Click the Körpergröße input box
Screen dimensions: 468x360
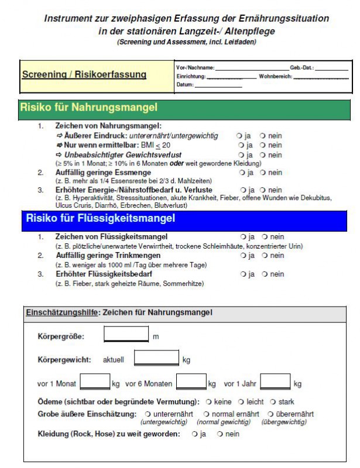[x=126, y=335]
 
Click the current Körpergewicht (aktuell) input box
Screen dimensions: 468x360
[x=156, y=358]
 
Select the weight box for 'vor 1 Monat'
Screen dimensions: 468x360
[x=94, y=383]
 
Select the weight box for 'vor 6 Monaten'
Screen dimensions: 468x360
[x=191, y=383]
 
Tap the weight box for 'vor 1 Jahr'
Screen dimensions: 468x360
[x=275, y=383]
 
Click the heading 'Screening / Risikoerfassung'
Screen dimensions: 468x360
[x=84, y=75]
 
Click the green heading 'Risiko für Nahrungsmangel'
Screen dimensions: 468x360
[x=88, y=108]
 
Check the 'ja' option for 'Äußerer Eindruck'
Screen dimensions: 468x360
[x=239, y=136]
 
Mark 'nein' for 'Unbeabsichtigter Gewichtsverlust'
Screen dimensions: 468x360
[x=263, y=155]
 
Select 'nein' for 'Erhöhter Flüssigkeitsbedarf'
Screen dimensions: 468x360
[x=265, y=274]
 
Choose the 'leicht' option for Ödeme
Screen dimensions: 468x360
[x=241, y=402]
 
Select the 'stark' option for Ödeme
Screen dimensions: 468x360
[x=273, y=402]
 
